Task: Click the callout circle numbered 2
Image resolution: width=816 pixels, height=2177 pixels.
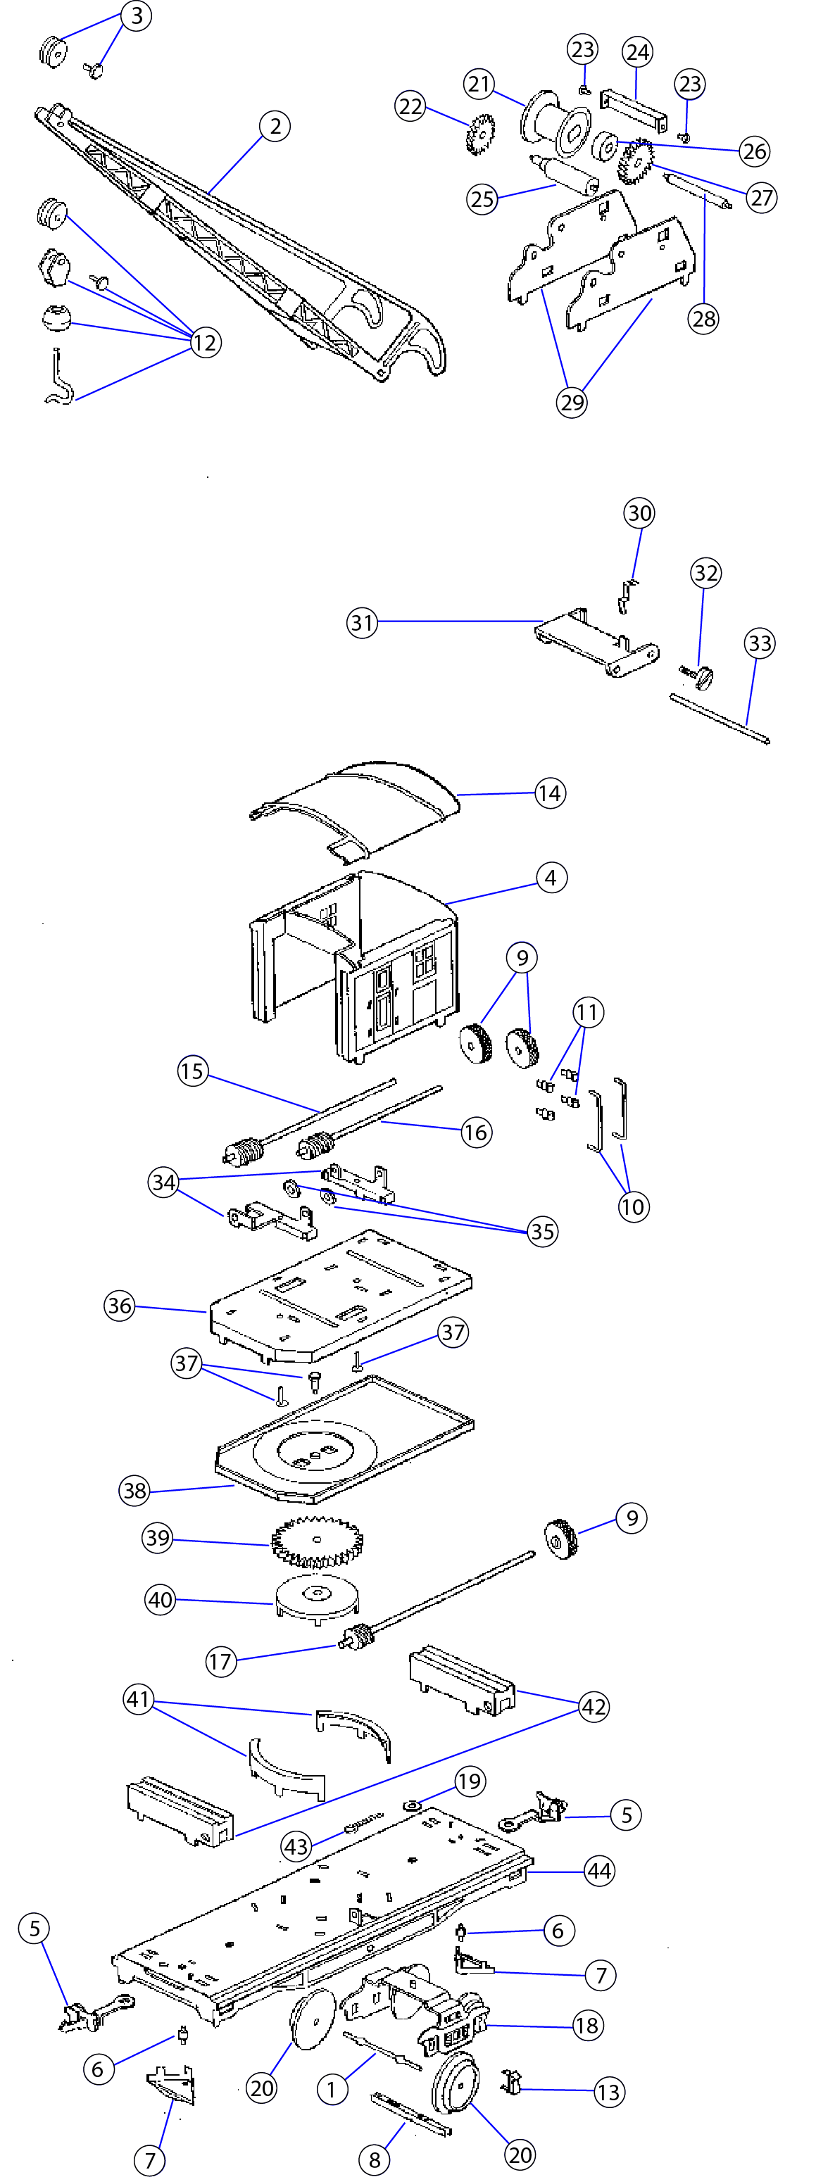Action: point(275,127)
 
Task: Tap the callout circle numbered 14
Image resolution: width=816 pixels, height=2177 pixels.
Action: point(550,793)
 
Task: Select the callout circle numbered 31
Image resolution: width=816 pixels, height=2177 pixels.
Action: point(362,623)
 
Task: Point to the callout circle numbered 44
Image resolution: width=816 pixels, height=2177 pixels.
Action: point(600,1871)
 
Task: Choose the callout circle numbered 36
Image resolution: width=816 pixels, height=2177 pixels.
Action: point(119,1306)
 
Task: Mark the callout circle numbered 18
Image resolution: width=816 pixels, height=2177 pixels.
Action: point(587,2025)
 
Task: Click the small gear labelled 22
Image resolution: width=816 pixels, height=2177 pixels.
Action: point(480,133)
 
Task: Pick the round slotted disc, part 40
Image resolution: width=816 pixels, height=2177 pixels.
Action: point(317,1596)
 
